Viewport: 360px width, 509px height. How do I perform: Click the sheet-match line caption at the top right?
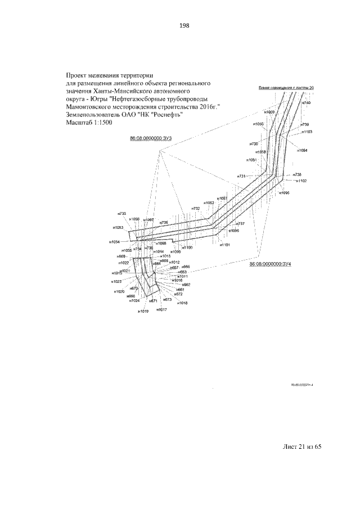tap(286, 88)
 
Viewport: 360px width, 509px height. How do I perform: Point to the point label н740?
tap(307, 103)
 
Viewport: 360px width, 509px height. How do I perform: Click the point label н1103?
tap(306, 132)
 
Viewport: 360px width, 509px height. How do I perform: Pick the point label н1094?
tap(301, 150)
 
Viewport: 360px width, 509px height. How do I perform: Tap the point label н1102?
tap(301, 181)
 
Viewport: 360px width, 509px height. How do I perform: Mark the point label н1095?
tap(283, 192)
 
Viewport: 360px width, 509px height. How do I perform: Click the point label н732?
tap(196, 209)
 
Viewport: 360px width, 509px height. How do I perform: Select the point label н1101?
tap(225, 245)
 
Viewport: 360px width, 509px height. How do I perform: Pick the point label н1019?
tap(143, 311)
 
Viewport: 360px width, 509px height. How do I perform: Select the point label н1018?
tap(182, 303)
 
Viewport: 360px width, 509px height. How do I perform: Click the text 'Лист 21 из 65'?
tap(301, 447)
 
